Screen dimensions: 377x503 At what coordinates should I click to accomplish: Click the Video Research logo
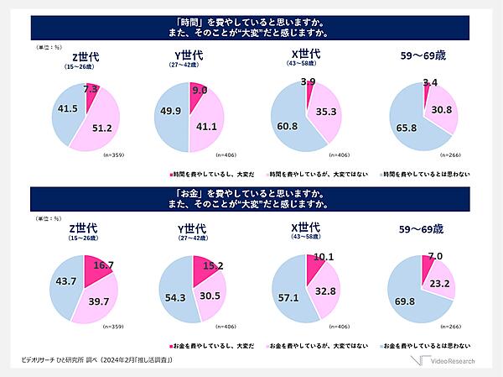click(x=448, y=361)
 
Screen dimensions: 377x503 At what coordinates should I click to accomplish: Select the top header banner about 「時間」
click(x=251, y=28)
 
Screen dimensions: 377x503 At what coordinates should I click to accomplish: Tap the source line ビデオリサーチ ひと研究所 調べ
click(x=101, y=360)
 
